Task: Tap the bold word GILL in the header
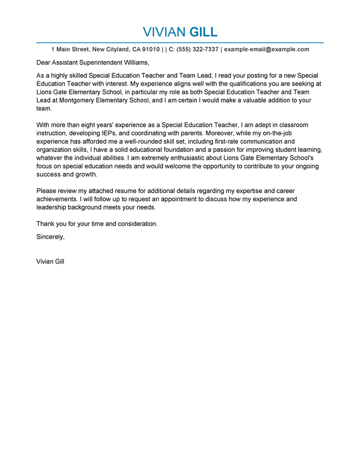coord(203,31)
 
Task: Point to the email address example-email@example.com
coord(266,49)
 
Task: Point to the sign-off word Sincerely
coord(50,236)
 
